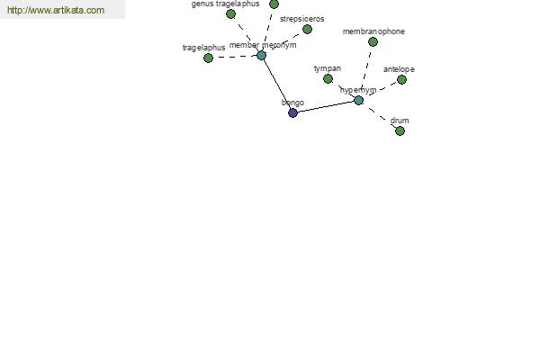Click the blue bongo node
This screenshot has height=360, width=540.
[x=292, y=112]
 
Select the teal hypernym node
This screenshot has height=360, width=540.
[x=358, y=100]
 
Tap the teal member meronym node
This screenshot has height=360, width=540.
[x=261, y=55]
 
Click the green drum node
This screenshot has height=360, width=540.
[x=400, y=130]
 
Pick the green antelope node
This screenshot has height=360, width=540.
[x=401, y=79]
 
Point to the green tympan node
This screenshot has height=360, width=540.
[x=328, y=79]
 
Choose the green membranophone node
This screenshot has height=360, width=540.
[x=373, y=42]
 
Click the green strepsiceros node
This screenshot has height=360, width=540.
[x=307, y=30]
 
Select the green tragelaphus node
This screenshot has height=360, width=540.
[x=208, y=58]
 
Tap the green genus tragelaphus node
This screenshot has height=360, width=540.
[x=230, y=14]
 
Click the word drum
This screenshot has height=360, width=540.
[x=400, y=121]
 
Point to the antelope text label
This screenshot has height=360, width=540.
[x=399, y=69]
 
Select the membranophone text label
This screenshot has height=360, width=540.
[x=373, y=31]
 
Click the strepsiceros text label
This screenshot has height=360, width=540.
[x=302, y=19]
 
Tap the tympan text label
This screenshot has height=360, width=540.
[x=328, y=68]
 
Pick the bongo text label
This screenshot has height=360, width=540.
[x=292, y=103]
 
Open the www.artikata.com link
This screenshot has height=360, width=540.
[x=56, y=10]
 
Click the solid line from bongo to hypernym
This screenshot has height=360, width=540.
[x=326, y=106]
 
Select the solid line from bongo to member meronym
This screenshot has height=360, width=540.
[x=277, y=84]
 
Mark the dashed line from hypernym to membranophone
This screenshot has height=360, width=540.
[x=365, y=71]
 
